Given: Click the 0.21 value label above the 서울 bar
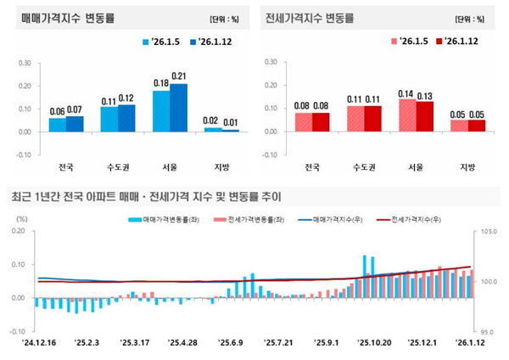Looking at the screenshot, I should click(179, 76).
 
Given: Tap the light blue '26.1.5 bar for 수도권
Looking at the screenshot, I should click(109, 119).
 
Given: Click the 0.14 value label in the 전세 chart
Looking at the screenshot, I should click(408, 93).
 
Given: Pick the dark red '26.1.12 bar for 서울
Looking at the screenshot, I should click(425, 116).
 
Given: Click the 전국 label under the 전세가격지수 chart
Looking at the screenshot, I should click(313, 167).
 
